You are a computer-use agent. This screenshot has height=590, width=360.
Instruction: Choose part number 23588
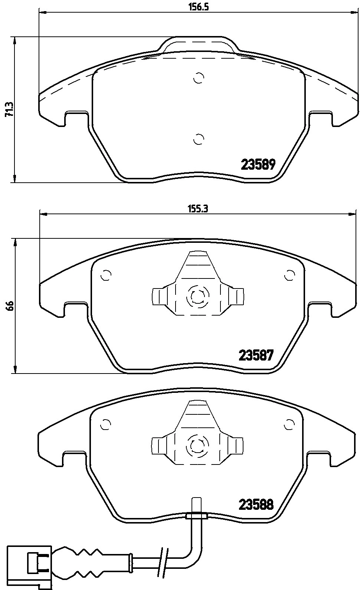[256, 505]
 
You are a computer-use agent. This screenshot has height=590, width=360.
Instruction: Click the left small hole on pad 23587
[107, 276]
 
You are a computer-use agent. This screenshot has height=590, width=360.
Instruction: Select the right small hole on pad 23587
[289, 276]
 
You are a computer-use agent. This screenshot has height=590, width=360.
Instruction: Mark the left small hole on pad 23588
[106, 424]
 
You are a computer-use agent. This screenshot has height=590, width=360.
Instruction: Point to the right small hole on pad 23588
[289, 424]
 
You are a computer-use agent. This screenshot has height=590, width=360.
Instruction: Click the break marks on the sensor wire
[163, 558]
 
